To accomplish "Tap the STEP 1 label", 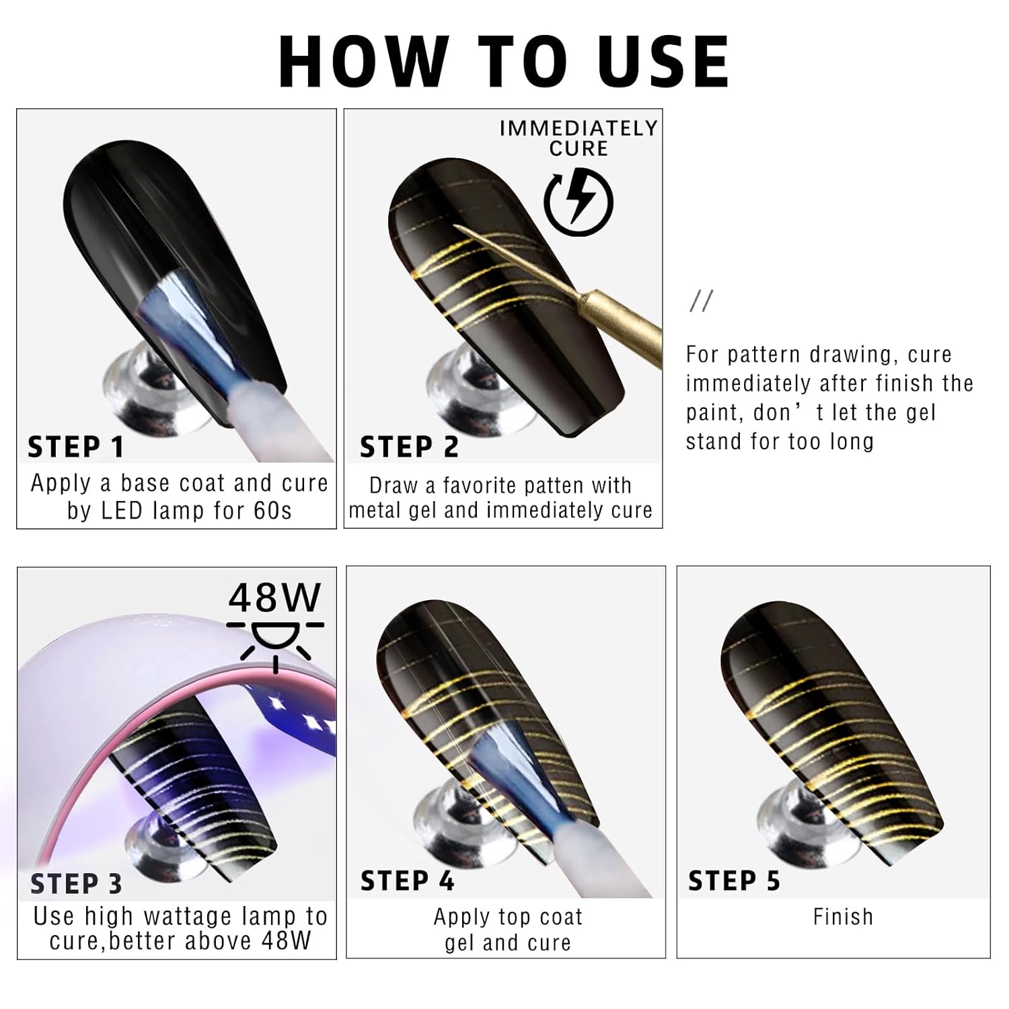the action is click(76, 447).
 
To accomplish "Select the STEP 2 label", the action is click(409, 447).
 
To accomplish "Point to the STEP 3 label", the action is click(76, 884).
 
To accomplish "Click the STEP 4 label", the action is click(408, 881).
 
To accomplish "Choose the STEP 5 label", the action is click(734, 881).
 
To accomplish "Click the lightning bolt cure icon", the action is click(578, 200).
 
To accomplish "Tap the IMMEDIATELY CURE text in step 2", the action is click(578, 138).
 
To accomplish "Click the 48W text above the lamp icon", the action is click(274, 597).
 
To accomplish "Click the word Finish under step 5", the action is click(843, 917).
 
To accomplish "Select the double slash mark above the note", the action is click(701, 301).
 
